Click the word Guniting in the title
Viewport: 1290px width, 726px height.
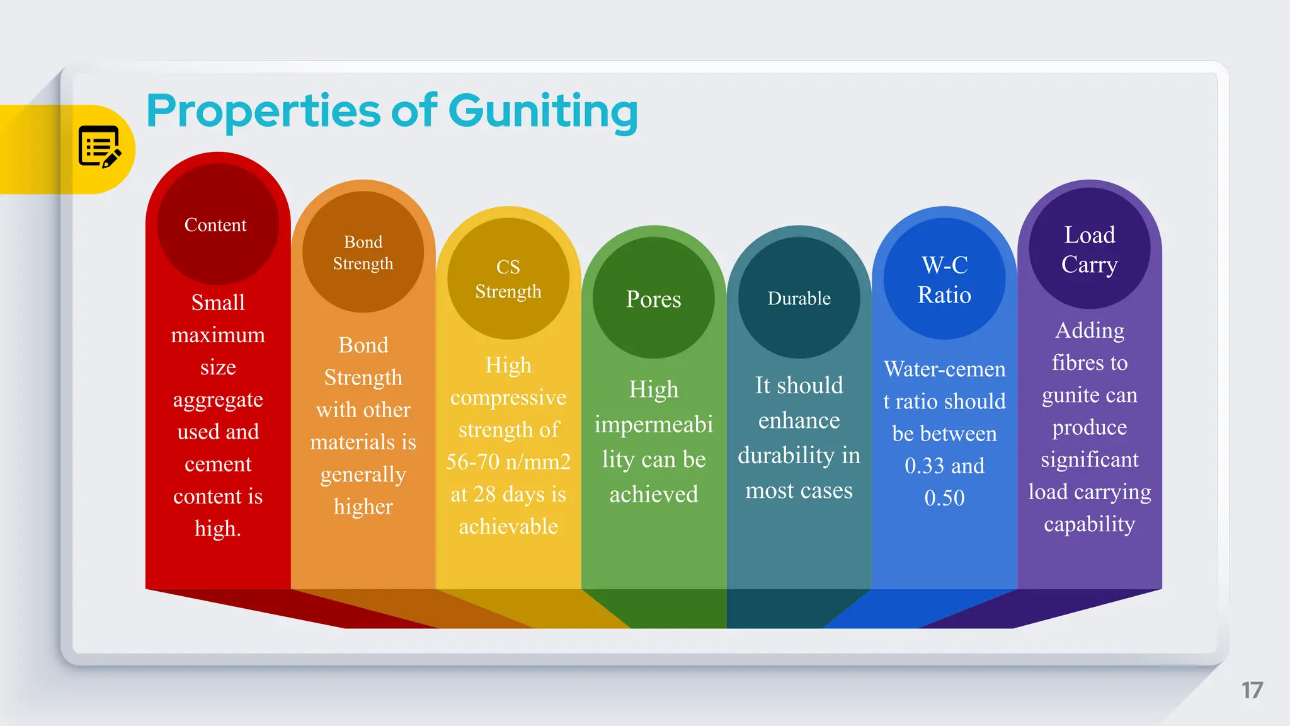pos(543,112)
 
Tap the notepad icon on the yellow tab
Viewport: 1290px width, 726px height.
pos(99,146)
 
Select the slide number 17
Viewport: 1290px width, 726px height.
pos(1252,690)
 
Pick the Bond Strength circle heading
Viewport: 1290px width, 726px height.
pos(363,252)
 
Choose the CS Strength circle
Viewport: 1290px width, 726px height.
pos(508,279)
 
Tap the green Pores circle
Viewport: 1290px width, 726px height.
pos(653,299)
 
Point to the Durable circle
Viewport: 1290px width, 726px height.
pos(799,298)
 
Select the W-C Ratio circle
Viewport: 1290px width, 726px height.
pos(944,280)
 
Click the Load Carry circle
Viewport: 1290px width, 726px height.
pos(1090,249)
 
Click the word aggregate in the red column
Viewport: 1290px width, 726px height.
pos(218,400)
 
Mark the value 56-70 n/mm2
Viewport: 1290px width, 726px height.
pos(508,462)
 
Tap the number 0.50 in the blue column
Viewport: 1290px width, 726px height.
pos(944,498)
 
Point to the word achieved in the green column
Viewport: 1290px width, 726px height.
pos(653,495)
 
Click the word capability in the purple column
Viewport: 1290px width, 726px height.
pos(1090,524)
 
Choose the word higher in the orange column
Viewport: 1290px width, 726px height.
pos(363,507)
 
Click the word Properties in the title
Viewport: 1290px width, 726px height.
pos(263,112)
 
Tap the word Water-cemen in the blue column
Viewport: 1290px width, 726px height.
pos(944,369)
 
